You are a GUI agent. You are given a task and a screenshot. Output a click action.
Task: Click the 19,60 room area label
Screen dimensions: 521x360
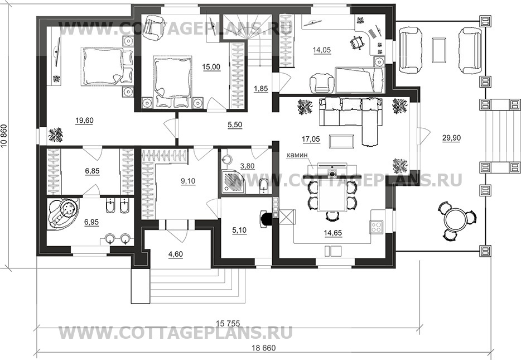click(84, 121)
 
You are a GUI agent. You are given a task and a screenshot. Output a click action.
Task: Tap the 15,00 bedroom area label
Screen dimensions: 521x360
click(211, 67)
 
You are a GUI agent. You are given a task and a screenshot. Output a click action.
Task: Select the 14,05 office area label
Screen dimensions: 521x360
click(322, 50)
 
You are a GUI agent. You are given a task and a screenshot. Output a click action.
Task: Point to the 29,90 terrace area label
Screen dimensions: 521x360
click(451, 138)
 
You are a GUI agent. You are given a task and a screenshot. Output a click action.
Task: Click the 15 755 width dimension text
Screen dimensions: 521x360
click(228, 323)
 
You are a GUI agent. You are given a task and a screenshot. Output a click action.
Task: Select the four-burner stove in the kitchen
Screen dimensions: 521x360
click(377, 227)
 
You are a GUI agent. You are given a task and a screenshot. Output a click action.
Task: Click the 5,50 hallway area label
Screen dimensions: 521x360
click(235, 125)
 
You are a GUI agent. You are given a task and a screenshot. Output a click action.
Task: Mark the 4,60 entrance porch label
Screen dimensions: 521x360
click(176, 255)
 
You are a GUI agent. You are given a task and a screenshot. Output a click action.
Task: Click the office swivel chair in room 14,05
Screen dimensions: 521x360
click(356, 44)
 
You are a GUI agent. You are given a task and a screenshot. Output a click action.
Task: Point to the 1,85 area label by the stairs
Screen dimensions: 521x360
click(261, 89)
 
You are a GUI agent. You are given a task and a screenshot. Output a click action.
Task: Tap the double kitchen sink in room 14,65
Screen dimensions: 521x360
click(333, 252)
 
